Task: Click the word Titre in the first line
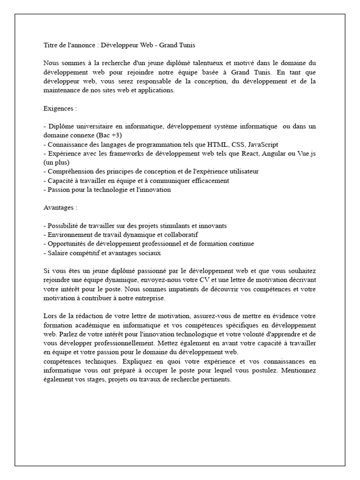pyautogui.click(x=50, y=45)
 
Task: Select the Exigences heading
pyautogui.click(x=58, y=108)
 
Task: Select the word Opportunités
pyautogui.click(x=65, y=244)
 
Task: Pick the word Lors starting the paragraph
pyautogui.click(x=50, y=316)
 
